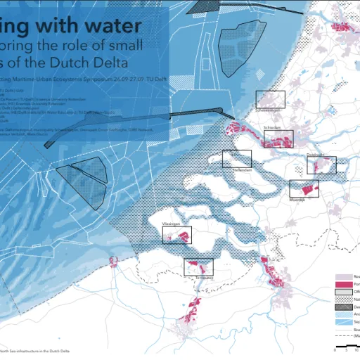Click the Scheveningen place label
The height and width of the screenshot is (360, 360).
(x=270, y=110)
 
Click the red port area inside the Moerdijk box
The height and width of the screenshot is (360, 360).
(x=306, y=188)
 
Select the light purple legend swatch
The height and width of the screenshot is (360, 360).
(x=343, y=276)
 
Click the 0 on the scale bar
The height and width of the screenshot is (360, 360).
(x=329, y=349)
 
